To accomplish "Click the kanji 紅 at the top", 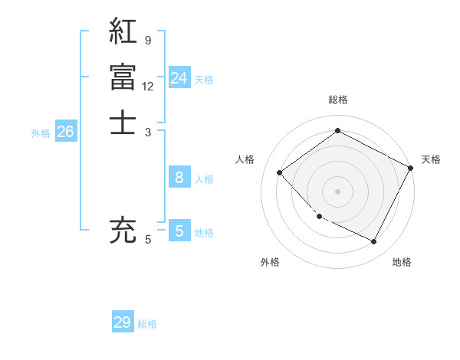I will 123,31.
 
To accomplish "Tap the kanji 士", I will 123,122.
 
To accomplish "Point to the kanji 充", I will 123,231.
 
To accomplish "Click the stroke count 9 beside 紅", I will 147,41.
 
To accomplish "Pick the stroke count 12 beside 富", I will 148,86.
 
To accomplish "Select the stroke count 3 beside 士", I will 147,131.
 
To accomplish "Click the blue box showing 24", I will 179,78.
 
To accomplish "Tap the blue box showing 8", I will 179,178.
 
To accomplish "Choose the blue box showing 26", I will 65,133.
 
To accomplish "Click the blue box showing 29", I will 123,322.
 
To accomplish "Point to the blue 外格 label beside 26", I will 41,133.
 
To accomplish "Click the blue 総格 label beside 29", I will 147,324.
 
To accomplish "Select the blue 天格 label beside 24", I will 204,80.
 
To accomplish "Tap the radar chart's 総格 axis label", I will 338,100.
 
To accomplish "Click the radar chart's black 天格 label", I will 431,159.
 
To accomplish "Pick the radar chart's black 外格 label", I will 270,262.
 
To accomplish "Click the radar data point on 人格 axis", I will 280,172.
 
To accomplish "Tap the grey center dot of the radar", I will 338,191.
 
